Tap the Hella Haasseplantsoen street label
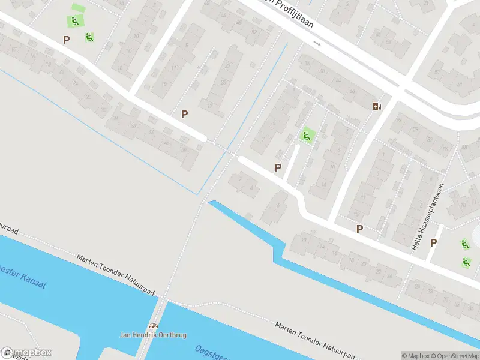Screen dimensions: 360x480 427,217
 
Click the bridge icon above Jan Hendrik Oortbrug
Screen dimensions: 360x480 154,326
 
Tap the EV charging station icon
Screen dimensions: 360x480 377,106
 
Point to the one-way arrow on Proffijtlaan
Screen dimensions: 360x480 317,44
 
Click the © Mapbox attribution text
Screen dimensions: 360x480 415,355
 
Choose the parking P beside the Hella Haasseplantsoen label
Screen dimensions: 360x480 434,242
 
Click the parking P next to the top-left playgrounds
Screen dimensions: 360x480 67,40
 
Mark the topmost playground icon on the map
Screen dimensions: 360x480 74,21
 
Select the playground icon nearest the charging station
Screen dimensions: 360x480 307,136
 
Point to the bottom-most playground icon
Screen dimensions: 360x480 466,262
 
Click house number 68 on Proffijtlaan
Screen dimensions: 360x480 352,92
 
